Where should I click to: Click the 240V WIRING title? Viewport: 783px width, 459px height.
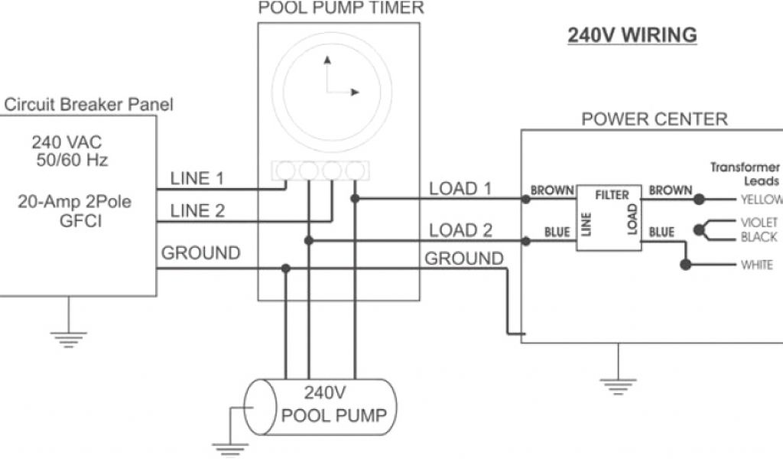(x=632, y=35)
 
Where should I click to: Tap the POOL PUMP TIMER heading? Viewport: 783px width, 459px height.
(x=340, y=8)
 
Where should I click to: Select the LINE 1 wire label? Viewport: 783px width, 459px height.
(x=197, y=179)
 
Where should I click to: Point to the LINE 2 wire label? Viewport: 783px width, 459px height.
(x=197, y=210)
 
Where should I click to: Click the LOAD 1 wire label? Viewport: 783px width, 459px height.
(x=460, y=189)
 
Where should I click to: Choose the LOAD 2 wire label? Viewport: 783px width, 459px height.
(x=460, y=230)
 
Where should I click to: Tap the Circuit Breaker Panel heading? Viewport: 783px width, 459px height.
(x=88, y=104)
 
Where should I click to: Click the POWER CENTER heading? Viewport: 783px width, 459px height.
(x=655, y=119)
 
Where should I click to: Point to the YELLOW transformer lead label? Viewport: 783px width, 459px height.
(x=762, y=200)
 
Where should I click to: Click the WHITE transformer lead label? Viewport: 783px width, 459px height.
(x=757, y=265)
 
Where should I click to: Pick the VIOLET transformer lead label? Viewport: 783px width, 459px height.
(x=759, y=223)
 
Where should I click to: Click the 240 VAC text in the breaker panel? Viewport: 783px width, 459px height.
(x=67, y=142)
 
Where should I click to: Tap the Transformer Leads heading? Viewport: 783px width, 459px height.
(x=745, y=174)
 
